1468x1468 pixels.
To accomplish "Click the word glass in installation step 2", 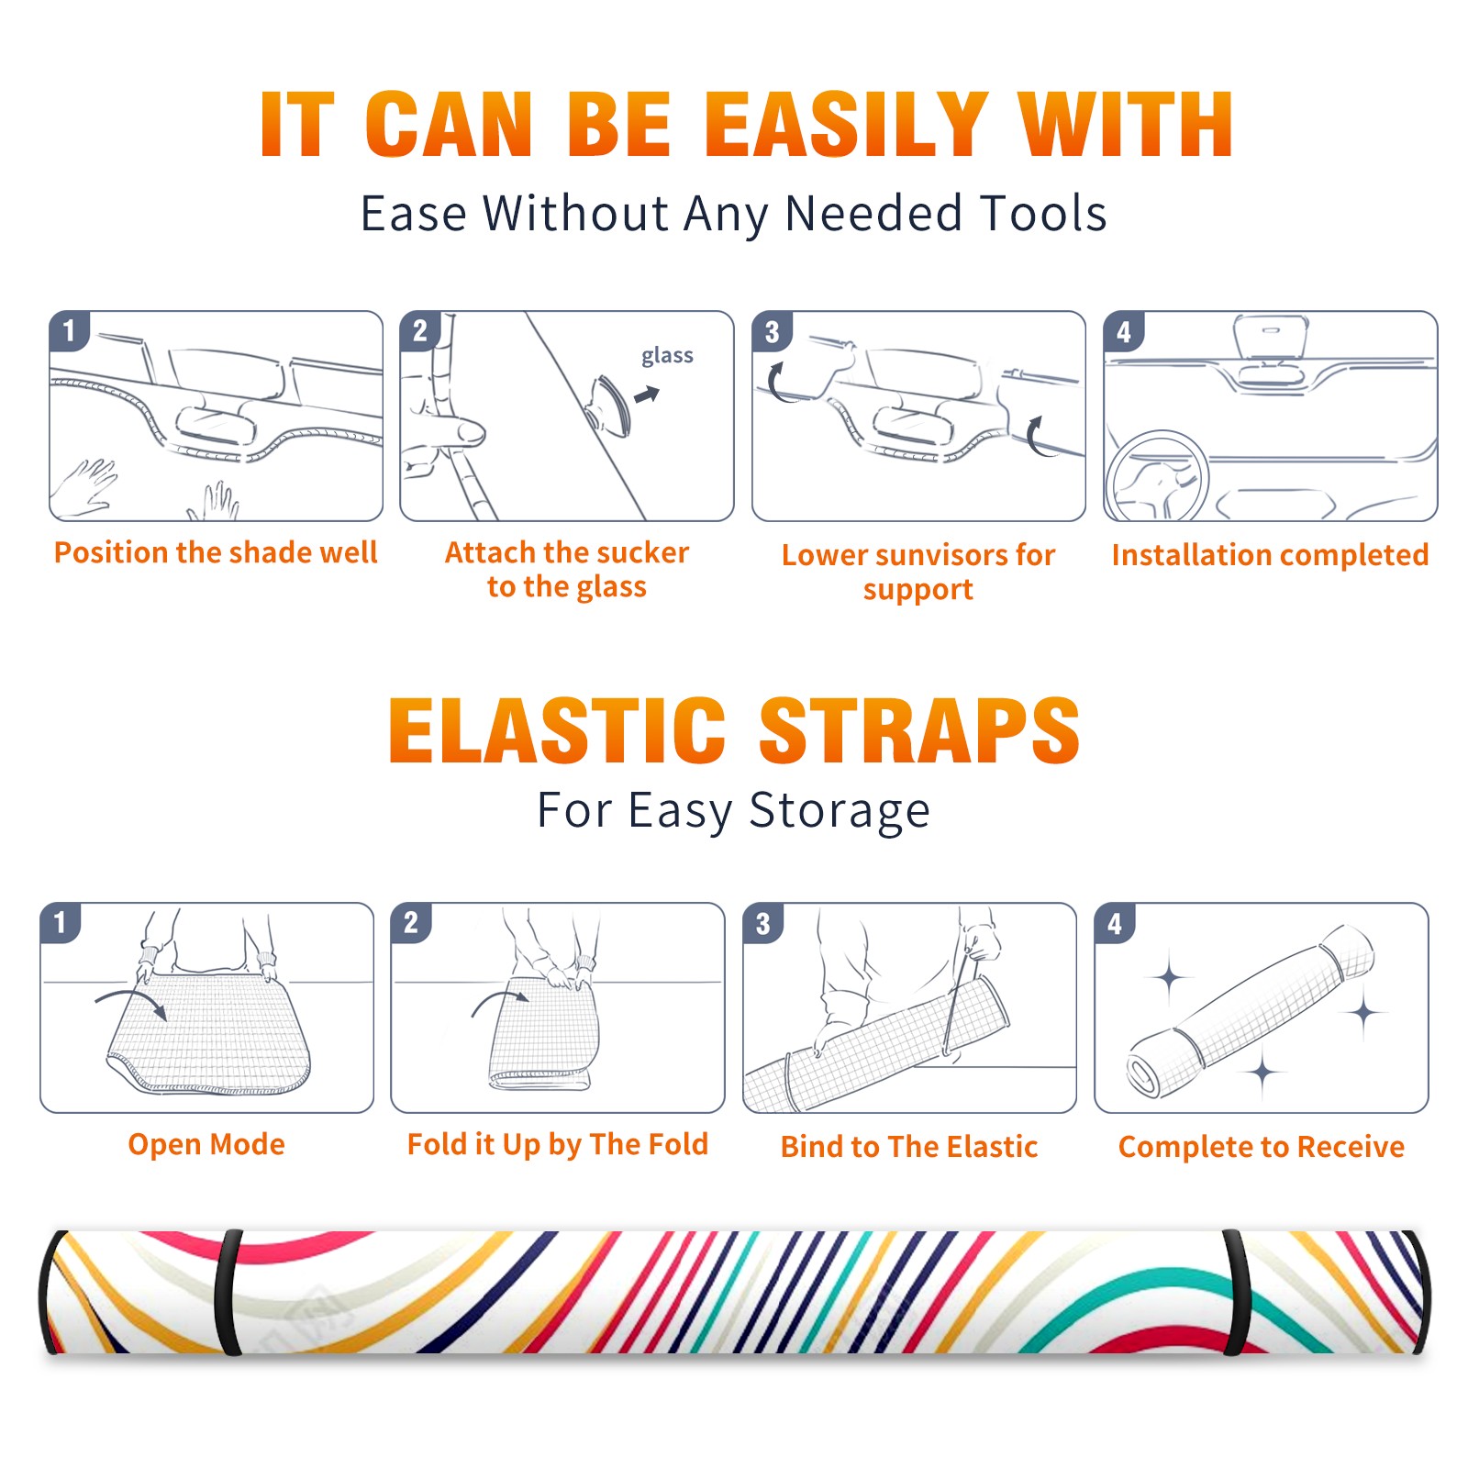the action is coord(667,356).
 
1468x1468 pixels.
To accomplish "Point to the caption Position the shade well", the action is coord(216,552).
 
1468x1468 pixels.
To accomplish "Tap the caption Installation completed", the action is coord(1270,555).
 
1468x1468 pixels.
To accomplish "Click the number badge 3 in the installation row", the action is coord(772,331).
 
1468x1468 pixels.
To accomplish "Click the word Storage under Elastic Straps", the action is coord(840,812).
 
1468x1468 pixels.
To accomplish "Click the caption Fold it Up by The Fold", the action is coord(558,1145).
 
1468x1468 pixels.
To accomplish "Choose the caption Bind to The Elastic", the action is coord(909,1147).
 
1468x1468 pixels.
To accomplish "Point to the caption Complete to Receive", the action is coord(1262,1147).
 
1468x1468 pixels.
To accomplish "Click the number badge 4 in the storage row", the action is coord(1115,923).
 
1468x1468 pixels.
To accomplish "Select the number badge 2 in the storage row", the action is coord(411,922).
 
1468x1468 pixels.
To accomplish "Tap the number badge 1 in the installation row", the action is coord(69,330).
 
